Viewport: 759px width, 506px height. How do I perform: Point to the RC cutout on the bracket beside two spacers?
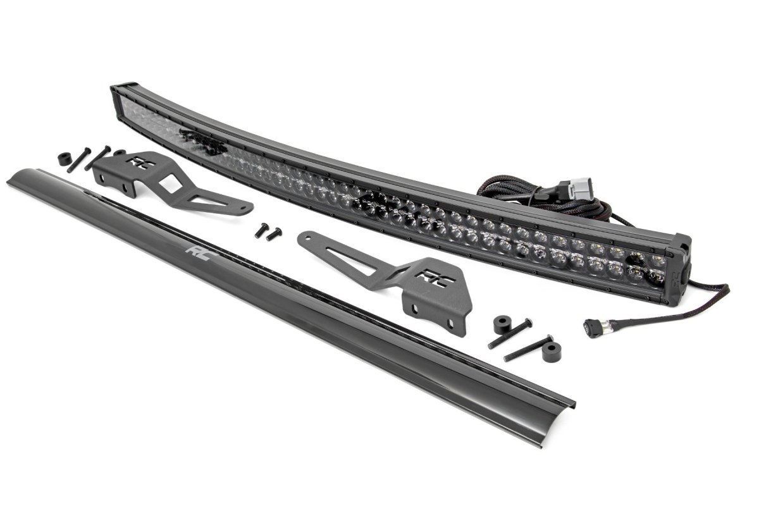[433, 276]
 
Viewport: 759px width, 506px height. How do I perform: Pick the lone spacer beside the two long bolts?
[65, 159]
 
